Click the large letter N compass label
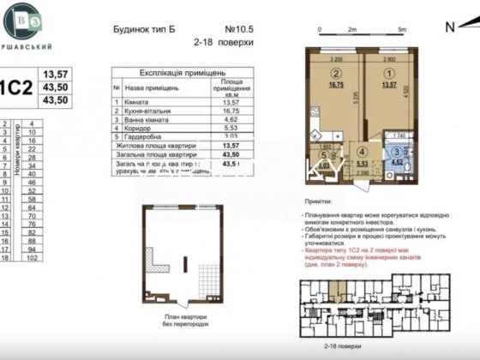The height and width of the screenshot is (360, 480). tap(450, 25)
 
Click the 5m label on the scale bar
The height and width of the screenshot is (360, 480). tap(401, 29)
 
